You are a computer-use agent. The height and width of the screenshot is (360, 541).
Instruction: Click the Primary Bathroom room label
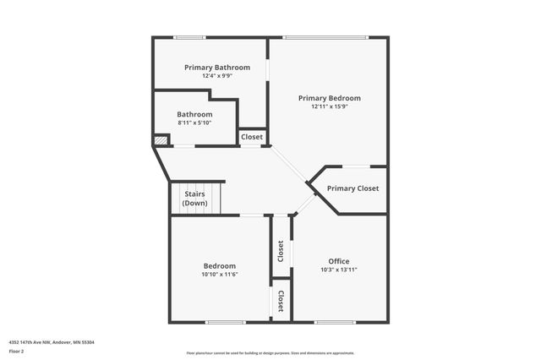[217, 67]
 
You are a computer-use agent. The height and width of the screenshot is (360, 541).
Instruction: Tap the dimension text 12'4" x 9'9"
[217, 76]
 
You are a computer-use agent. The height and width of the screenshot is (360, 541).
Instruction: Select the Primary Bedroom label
[330, 98]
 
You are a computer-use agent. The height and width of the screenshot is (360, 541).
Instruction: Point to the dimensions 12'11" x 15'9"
[330, 106]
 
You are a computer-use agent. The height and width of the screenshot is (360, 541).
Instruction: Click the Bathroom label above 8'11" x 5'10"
[194, 114]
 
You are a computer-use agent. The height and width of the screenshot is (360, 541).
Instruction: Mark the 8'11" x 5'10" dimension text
[194, 123]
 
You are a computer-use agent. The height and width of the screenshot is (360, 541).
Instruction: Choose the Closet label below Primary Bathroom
[252, 137]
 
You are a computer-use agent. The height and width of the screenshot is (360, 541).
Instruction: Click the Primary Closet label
[352, 188]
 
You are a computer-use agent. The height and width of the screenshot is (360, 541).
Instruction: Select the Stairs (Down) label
[195, 199]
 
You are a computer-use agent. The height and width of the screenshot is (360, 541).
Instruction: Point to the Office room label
[339, 261]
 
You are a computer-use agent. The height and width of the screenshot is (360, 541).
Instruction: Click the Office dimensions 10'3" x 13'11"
[339, 270]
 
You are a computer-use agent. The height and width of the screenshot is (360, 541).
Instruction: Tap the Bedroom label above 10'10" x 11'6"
[219, 266]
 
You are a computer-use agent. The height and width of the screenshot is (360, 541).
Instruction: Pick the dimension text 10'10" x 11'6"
[219, 275]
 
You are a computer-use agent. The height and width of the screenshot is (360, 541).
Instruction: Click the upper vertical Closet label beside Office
[281, 251]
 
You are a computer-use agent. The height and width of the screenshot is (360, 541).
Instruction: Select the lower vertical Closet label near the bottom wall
[281, 301]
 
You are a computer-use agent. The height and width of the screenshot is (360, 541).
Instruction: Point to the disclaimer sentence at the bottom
[270, 353]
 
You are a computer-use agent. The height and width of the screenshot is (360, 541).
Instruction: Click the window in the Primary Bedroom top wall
[325, 37]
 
